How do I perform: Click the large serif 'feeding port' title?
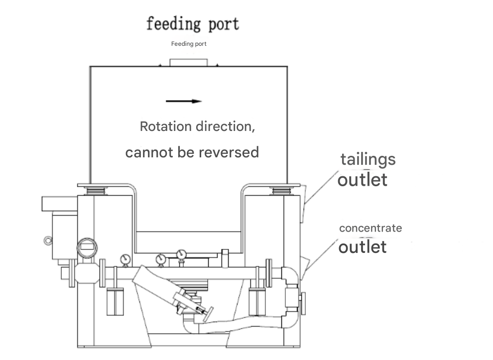(x=193, y=24)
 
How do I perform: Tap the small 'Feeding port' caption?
(x=189, y=44)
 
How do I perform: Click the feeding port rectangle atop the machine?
(x=189, y=63)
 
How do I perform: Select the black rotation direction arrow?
(x=184, y=101)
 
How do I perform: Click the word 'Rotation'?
(x=166, y=126)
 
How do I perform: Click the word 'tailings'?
(x=368, y=160)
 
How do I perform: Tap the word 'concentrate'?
(x=370, y=228)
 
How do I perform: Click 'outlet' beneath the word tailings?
(x=362, y=180)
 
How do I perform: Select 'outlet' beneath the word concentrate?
(x=363, y=247)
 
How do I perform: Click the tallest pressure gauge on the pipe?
(x=181, y=254)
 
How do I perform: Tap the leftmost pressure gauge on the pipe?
(x=125, y=260)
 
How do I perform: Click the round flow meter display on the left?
(x=87, y=248)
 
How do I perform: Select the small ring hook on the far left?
(x=48, y=241)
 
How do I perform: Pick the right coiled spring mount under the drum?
(x=281, y=191)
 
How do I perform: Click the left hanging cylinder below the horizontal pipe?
(x=115, y=301)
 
